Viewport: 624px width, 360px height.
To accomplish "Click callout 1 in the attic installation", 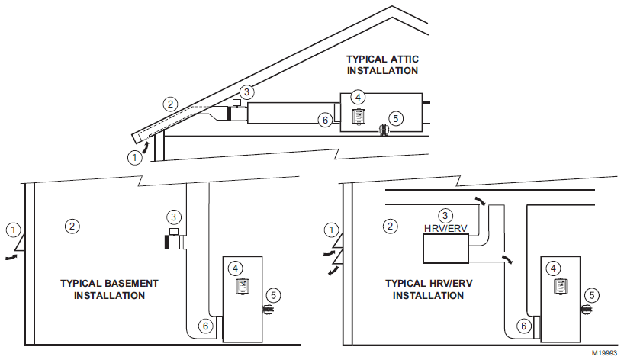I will (134, 158).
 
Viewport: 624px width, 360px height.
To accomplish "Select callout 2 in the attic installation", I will (171, 104).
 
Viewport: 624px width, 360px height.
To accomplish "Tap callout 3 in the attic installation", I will (246, 91).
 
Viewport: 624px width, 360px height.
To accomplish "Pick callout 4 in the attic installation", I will (357, 97).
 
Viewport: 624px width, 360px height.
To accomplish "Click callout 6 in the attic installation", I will (323, 121).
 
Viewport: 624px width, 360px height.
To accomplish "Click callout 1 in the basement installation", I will (11, 228).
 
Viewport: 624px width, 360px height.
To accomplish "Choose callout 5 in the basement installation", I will (273, 295).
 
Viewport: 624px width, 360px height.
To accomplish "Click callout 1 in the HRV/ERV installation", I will (330, 229).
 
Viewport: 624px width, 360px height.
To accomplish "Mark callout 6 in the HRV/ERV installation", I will (523, 326).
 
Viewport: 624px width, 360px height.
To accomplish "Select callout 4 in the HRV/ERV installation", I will (555, 268).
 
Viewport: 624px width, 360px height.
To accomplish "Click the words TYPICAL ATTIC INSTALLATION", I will (382, 65).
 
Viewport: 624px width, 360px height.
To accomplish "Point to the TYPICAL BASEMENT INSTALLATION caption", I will (109, 289).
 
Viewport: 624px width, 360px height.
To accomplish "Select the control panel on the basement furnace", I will (242, 286).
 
